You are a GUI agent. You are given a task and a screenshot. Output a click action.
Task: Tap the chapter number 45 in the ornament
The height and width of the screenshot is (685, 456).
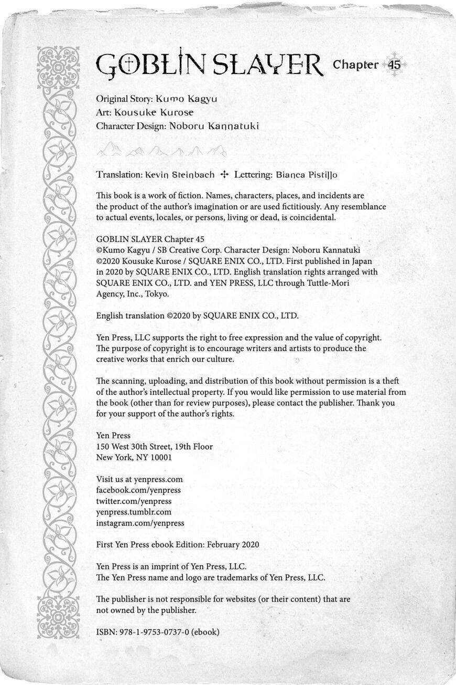(x=395, y=65)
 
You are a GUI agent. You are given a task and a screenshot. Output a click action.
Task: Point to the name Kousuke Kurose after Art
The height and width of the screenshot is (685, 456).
(x=154, y=112)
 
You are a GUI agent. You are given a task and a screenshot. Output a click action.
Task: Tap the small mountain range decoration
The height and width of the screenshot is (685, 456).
(x=161, y=151)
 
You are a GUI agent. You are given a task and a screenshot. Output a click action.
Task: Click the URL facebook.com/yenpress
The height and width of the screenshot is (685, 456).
(x=138, y=490)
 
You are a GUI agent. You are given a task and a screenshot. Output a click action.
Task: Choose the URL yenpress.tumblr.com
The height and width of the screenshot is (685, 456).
(x=134, y=512)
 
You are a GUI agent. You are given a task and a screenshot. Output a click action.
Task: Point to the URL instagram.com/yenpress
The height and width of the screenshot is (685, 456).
(x=140, y=523)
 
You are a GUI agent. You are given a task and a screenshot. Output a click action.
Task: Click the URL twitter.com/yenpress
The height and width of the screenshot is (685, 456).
(x=134, y=501)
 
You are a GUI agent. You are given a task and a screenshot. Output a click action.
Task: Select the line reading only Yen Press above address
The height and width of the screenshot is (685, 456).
(x=113, y=435)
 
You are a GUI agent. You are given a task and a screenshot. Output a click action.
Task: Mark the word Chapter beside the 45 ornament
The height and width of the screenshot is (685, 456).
(x=355, y=65)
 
